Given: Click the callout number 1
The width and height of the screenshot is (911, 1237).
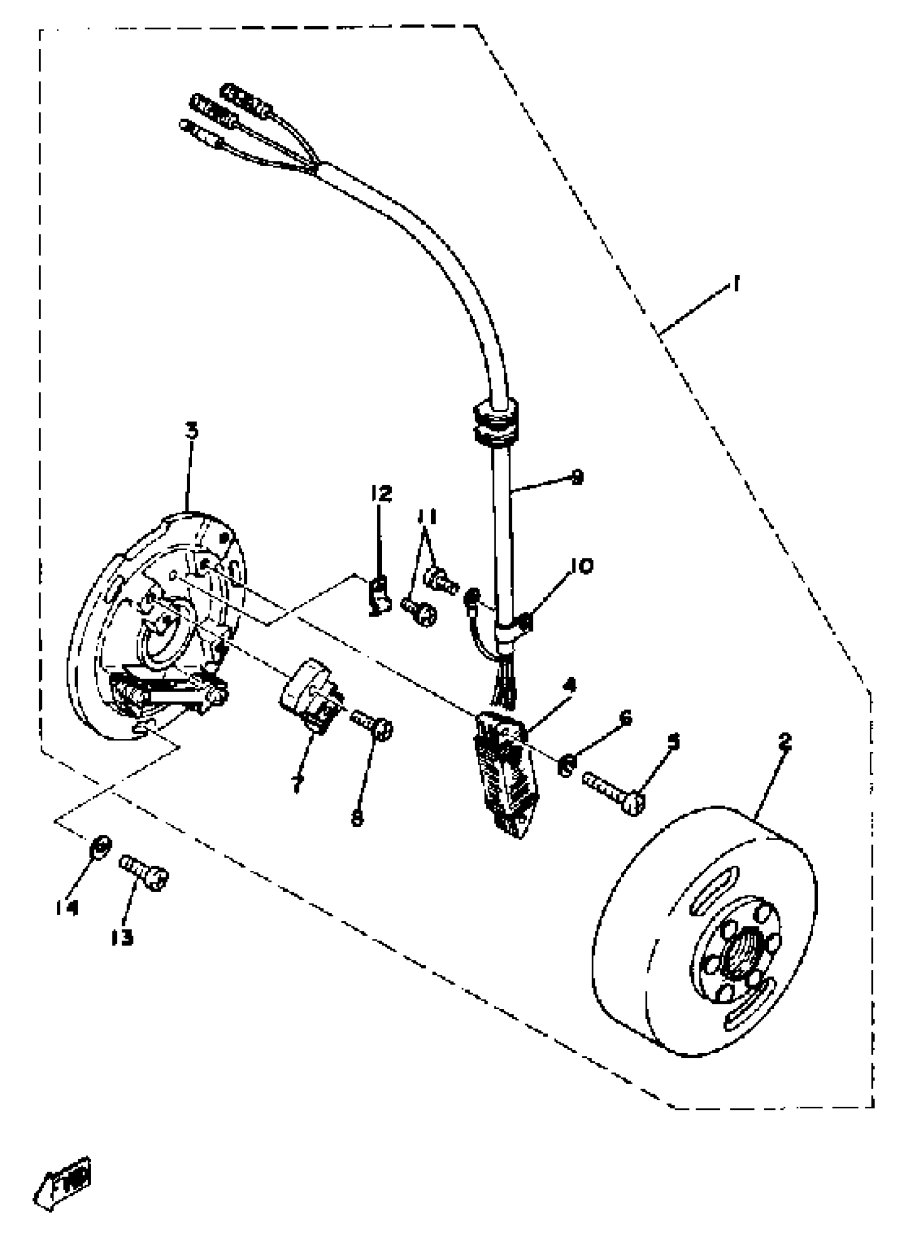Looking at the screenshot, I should tap(736, 285).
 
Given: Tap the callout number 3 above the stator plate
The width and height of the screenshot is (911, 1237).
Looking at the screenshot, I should tap(191, 431).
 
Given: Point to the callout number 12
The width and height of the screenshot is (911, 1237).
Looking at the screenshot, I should tap(380, 493).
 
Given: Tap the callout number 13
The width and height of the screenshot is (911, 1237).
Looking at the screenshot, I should tap(122, 937).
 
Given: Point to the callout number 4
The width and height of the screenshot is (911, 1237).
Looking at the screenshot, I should tap(569, 686).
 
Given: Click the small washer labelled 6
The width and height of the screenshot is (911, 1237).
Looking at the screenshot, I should tap(566, 765).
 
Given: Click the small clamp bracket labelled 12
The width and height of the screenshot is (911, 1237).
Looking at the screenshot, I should tap(379, 595).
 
